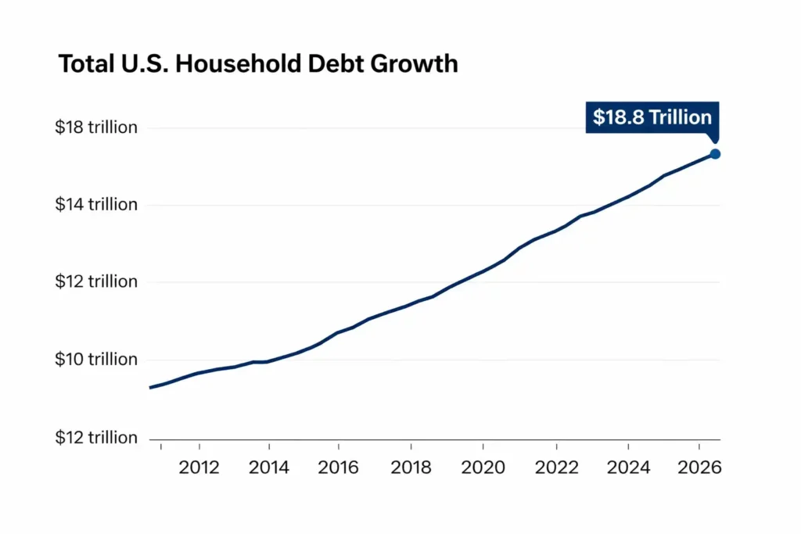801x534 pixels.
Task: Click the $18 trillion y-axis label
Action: [x=96, y=127]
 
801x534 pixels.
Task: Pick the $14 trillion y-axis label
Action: [x=96, y=205]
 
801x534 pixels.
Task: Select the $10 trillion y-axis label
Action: [x=96, y=360]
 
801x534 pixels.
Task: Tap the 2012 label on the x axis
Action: [x=199, y=468]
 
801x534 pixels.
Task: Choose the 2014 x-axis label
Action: [x=269, y=468]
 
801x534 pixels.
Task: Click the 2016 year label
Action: [x=338, y=468]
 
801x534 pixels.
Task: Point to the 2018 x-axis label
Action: [x=411, y=468]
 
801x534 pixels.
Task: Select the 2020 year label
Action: [x=483, y=468]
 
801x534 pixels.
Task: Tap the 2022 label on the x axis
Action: [x=556, y=468]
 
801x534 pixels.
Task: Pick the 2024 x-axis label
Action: [x=628, y=468]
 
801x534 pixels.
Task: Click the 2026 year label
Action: [x=699, y=468]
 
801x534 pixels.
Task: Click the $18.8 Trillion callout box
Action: [x=652, y=117]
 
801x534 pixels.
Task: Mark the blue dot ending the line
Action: [x=714, y=154]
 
